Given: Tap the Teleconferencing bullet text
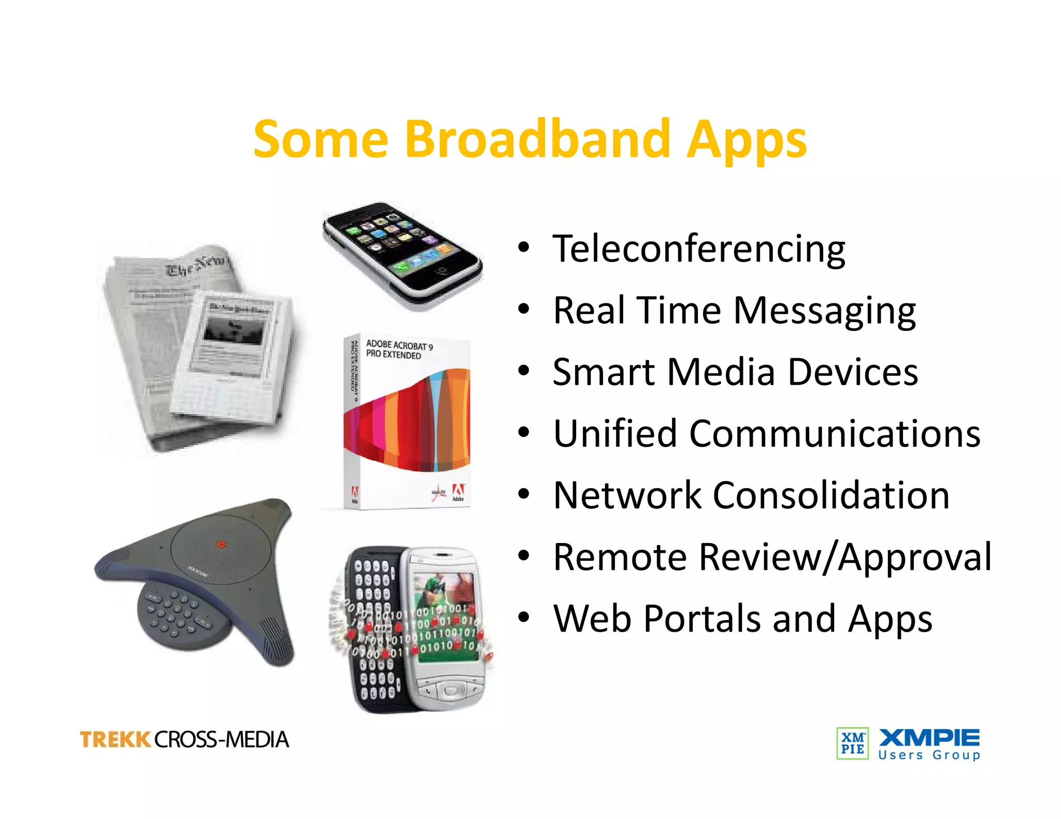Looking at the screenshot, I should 699,249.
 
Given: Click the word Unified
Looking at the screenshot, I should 614,433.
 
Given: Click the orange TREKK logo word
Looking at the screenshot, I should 115,739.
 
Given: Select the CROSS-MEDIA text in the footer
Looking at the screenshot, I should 222,739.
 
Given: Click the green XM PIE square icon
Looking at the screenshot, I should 852,743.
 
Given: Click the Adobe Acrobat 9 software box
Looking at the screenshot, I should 407,422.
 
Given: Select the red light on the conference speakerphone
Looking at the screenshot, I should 221,545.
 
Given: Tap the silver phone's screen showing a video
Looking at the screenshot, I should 447,616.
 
